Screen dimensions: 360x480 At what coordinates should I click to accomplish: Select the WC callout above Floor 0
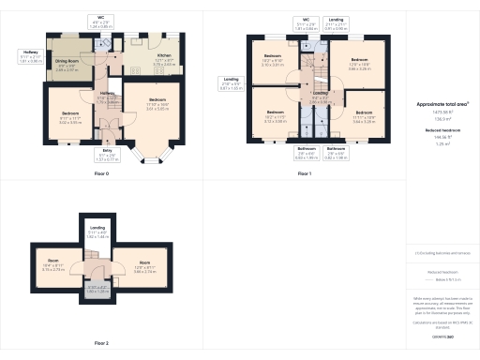(100, 22)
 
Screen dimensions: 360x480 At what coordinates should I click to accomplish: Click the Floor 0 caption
(100, 174)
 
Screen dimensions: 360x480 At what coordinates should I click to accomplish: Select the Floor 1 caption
(304, 174)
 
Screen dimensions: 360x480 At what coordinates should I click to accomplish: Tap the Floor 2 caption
(100, 344)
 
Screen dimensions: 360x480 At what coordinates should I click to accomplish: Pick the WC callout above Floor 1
(305, 22)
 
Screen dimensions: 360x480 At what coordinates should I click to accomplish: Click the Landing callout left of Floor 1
(231, 83)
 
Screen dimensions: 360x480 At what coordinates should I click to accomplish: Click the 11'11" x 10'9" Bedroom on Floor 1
(364, 116)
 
